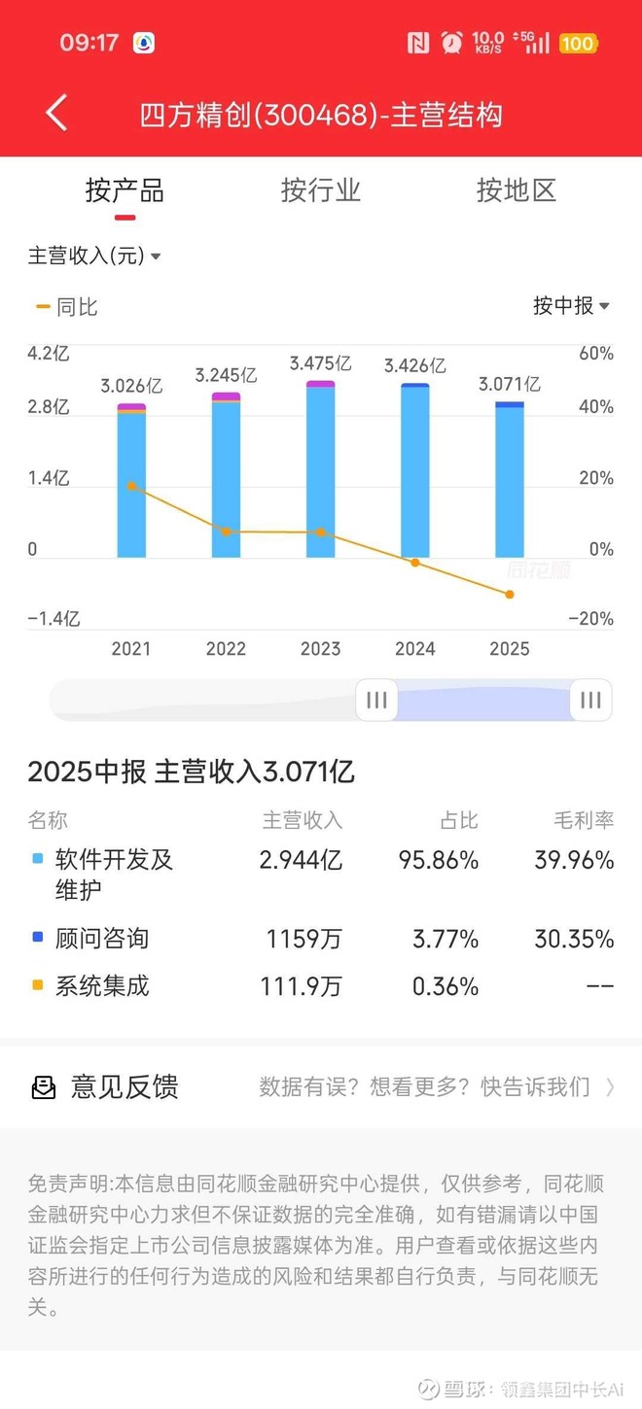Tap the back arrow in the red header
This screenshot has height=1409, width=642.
pos(56,114)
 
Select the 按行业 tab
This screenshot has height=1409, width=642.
pos(320,190)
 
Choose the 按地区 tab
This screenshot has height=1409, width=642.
pos(516,190)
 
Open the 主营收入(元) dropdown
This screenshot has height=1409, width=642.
pos(94,256)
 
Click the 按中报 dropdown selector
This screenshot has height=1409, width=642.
pos(571,305)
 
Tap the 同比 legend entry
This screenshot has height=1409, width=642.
pos(67,307)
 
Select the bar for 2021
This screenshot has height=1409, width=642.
pos(131,481)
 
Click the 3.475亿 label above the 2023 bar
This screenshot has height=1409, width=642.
pos(320,364)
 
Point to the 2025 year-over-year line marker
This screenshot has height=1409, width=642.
pos(510,594)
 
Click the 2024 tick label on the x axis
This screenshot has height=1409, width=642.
pos(414,648)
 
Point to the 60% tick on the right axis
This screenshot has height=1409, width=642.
pos(595,354)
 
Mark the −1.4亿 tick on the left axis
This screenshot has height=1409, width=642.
pos(53,619)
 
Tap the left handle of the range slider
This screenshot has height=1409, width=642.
pos(376,700)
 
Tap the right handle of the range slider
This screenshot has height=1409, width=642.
pos(590,700)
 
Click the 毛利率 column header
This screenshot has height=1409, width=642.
pos(584,820)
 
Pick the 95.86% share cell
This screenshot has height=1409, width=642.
pos(438,860)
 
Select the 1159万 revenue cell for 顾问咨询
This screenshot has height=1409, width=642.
pos(303,939)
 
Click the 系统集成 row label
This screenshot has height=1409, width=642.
pos(102,986)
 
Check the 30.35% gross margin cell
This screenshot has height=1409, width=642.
pos(574,939)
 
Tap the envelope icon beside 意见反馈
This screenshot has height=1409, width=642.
pos(44,1087)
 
